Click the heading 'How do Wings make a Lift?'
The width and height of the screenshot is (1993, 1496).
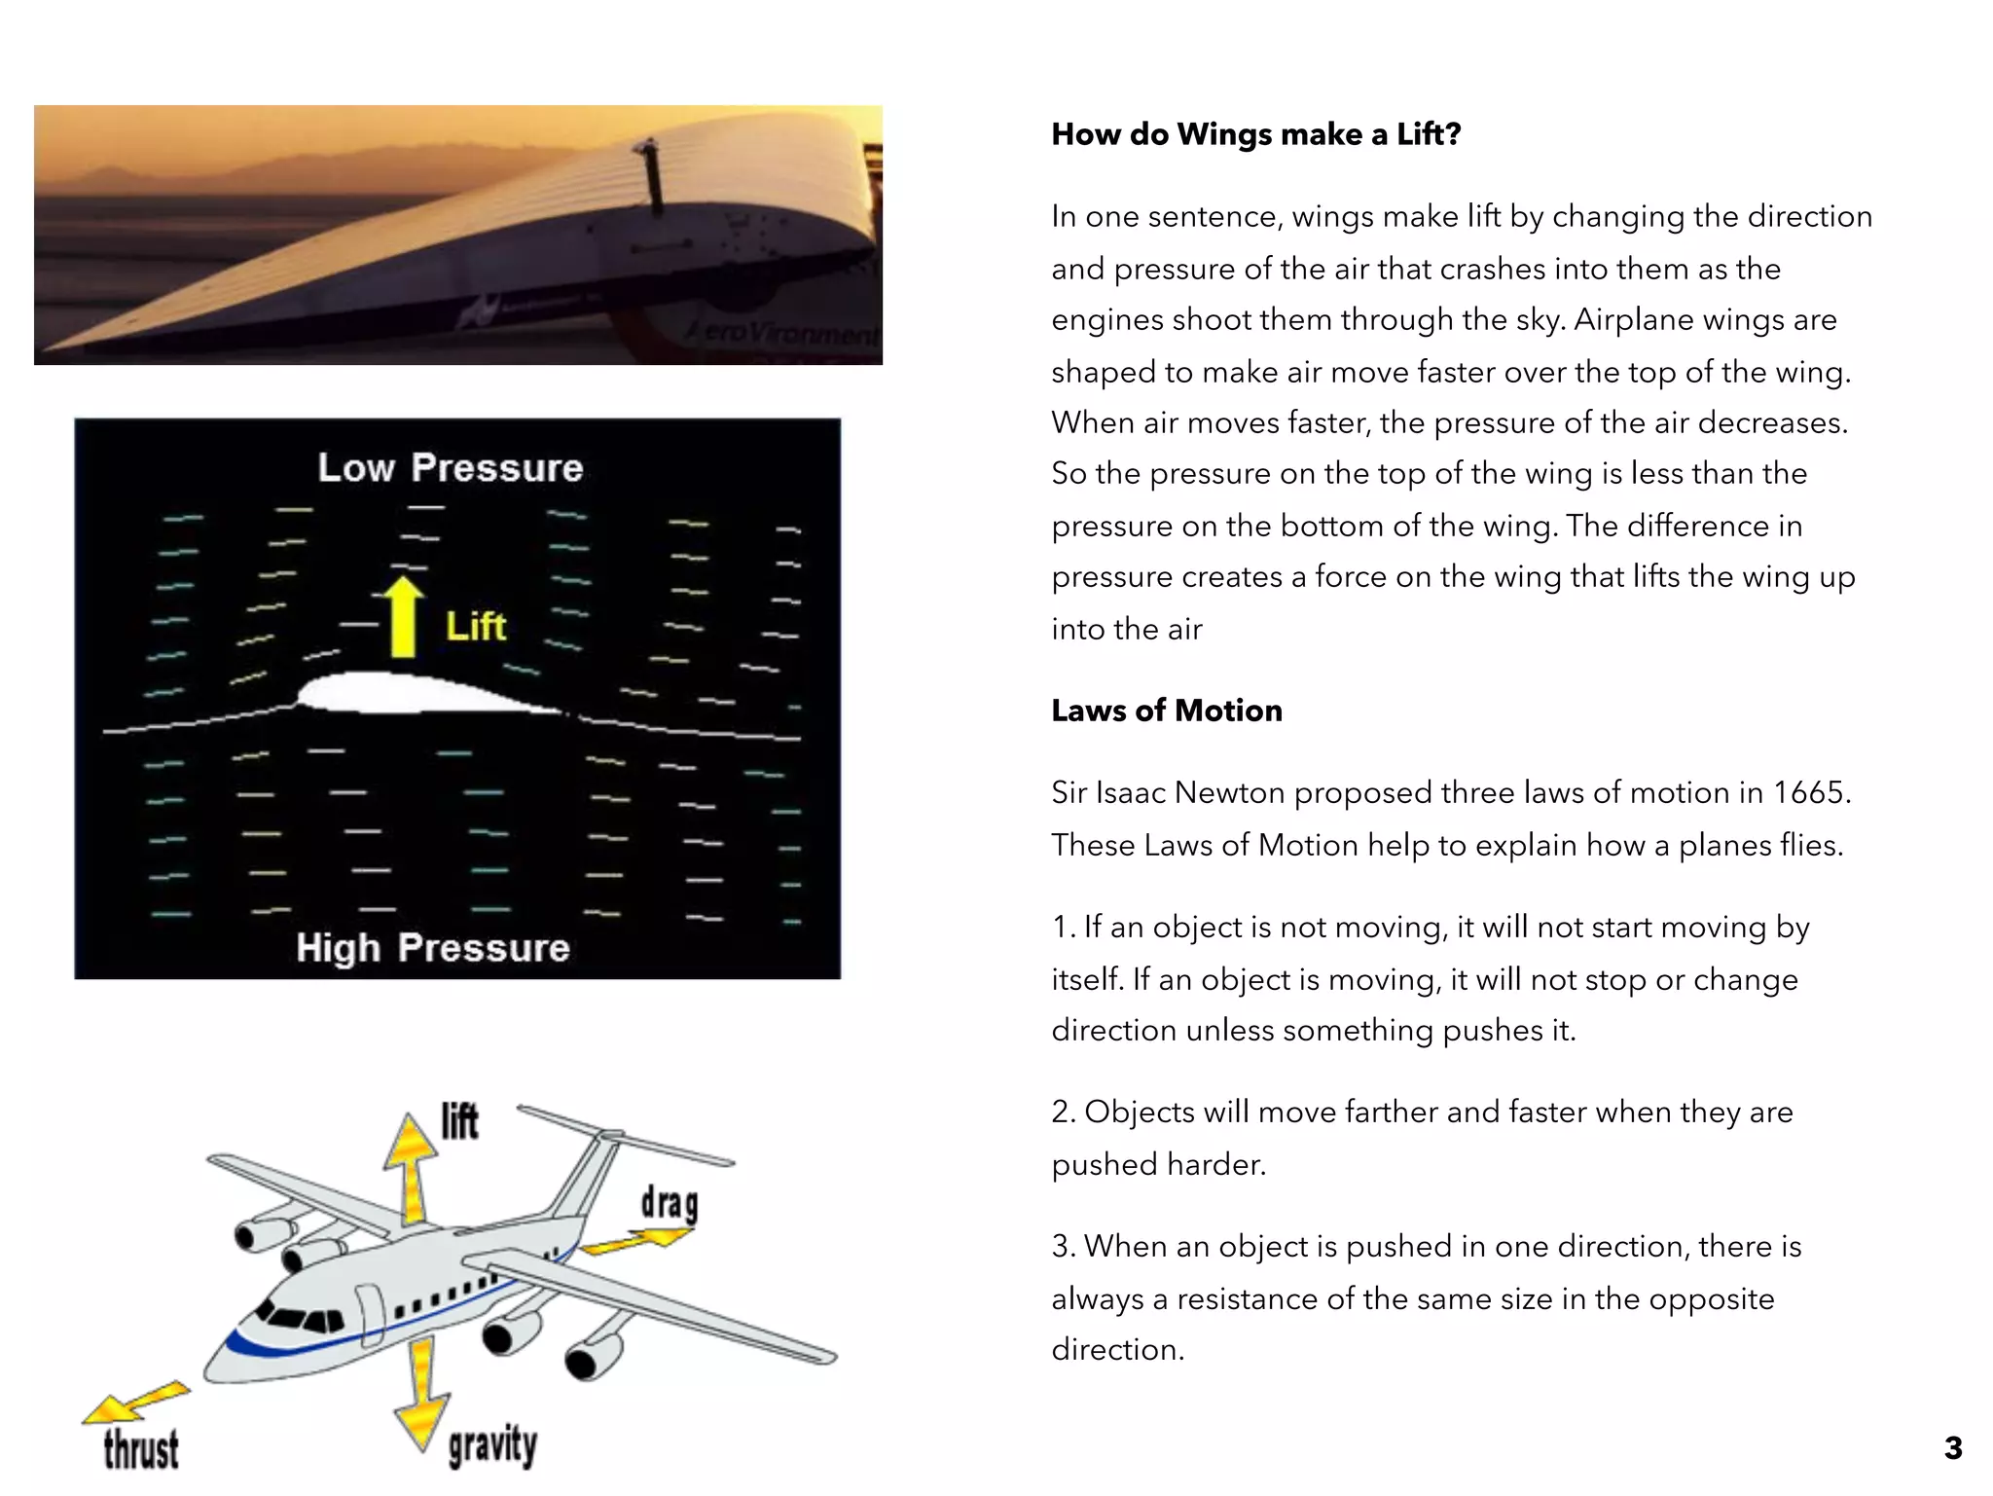pos(1255,134)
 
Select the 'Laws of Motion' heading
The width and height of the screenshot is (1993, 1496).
pos(1166,711)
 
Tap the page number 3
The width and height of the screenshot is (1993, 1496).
pos(1952,1447)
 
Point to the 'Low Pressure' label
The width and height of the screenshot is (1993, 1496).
pos(450,468)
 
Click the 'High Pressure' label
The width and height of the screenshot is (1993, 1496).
pos(433,948)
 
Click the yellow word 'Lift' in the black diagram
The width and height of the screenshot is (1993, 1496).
pos(476,627)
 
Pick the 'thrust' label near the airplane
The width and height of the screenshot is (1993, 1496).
pos(141,1448)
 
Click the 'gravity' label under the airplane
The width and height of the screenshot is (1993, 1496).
pos(491,1445)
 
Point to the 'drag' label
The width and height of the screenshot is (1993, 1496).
pos(669,1203)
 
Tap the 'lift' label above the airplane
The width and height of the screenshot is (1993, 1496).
pos(459,1120)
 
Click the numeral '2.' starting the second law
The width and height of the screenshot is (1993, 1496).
pos(1063,1112)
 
